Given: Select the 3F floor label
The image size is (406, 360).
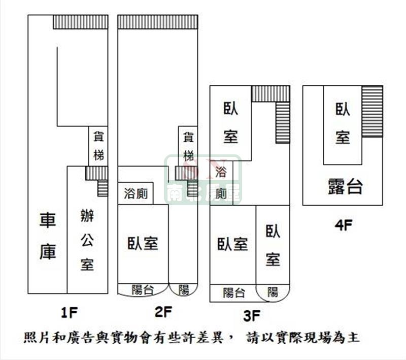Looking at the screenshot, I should [x=252, y=317].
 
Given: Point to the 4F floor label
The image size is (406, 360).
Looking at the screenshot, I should [x=344, y=225].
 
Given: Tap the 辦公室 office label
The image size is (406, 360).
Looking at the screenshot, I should [x=87, y=240].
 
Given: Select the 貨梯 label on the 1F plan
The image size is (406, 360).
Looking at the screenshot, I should [x=98, y=146].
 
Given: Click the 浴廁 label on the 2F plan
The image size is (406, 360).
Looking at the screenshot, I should [x=136, y=194].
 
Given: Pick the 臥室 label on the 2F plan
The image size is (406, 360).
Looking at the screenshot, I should [x=143, y=243].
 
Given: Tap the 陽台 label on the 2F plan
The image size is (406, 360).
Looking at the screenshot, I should [x=143, y=290].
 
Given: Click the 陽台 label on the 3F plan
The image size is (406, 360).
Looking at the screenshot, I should [x=233, y=292].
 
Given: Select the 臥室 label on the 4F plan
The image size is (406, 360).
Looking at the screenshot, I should [x=343, y=123].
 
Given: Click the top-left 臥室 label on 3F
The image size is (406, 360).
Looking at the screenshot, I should [x=230, y=122].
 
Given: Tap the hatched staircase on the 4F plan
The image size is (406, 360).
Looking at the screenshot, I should [x=372, y=111].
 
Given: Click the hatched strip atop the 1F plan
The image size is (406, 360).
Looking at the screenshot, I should [x=81, y=22].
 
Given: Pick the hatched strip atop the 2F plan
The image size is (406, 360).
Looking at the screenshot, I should [x=157, y=22].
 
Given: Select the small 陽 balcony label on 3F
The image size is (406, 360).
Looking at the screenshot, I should [x=273, y=292].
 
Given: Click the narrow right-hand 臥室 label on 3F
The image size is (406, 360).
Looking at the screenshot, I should [x=273, y=245].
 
